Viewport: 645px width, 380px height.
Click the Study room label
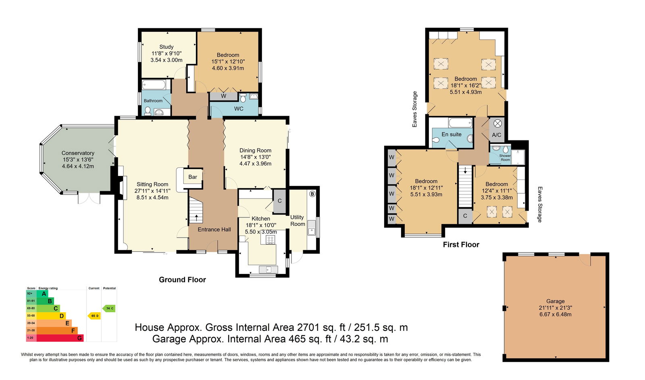tap(166, 47)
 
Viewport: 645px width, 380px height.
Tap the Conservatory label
tap(78, 153)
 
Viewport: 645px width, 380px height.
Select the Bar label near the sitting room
tap(193, 177)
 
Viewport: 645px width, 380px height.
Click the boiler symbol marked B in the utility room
tap(312, 194)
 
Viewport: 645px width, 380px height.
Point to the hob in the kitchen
tap(270, 239)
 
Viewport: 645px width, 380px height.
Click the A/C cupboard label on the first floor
tap(496, 135)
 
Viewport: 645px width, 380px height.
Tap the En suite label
tap(451, 134)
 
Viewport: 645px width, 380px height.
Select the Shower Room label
tap(505, 158)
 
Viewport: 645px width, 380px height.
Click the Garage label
tap(556, 301)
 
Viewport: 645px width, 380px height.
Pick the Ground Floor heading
tap(182, 280)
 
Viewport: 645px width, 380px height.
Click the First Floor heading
tap(461, 244)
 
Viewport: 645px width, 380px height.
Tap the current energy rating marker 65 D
tap(94, 316)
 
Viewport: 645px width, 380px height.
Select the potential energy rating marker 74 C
tap(109, 308)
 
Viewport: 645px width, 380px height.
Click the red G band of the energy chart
tap(60, 338)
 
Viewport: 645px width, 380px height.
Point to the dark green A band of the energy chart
tap(42, 294)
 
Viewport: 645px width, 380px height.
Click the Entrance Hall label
tap(214, 230)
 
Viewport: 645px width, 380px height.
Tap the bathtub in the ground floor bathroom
tap(154, 85)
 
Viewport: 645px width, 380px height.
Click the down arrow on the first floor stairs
tap(465, 170)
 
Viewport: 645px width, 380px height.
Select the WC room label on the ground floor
tap(239, 109)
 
